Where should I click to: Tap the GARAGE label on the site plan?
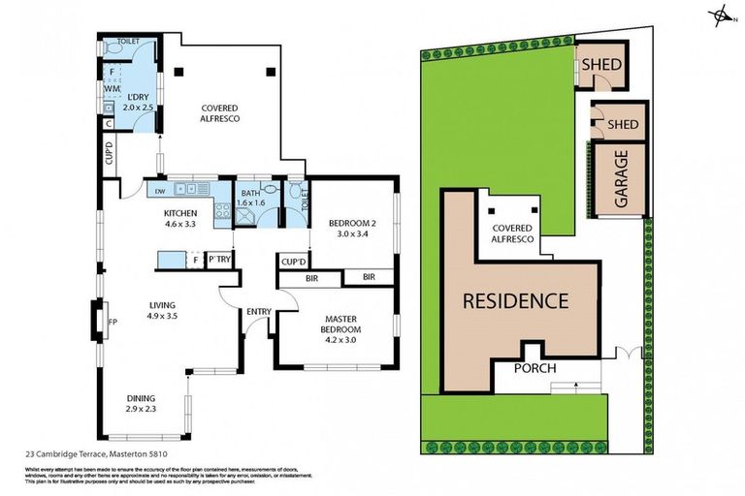[x=621, y=176]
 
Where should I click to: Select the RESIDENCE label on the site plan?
[x=514, y=300]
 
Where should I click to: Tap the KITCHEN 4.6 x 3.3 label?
[x=180, y=219]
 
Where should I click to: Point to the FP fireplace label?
[x=113, y=322]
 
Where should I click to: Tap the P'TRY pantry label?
[x=219, y=259]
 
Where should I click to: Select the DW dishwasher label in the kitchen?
[x=159, y=191]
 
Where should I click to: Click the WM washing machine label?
[x=112, y=88]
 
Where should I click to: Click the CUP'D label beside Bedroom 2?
[x=293, y=262]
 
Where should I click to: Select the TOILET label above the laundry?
[x=128, y=43]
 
